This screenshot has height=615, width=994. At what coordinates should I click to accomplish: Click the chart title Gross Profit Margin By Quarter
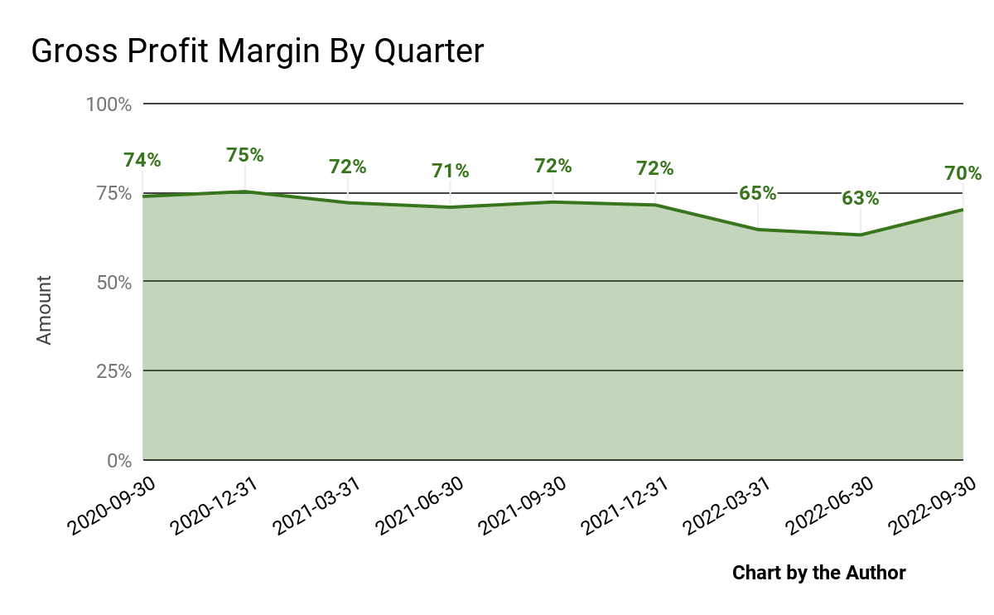point(257,51)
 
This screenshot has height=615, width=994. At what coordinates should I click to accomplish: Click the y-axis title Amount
point(44,310)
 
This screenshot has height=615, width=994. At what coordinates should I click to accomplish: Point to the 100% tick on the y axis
point(109,104)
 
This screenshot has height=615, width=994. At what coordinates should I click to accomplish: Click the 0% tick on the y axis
point(118,460)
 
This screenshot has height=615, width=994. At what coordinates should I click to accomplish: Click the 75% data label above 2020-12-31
point(244,155)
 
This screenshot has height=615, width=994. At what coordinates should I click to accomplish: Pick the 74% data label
point(142,160)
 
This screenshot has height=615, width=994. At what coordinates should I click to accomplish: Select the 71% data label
point(450,171)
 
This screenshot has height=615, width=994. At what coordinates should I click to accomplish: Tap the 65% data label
point(758,193)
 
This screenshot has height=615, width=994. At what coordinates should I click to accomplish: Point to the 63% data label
point(861,199)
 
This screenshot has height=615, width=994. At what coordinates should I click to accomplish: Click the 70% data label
point(963,174)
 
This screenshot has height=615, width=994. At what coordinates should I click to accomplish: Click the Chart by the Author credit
point(818,573)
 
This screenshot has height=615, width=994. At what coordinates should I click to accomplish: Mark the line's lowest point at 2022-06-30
point(861,235)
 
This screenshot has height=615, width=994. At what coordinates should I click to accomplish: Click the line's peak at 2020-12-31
point(244,191)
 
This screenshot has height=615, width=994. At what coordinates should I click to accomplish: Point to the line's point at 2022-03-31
point(758,230)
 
